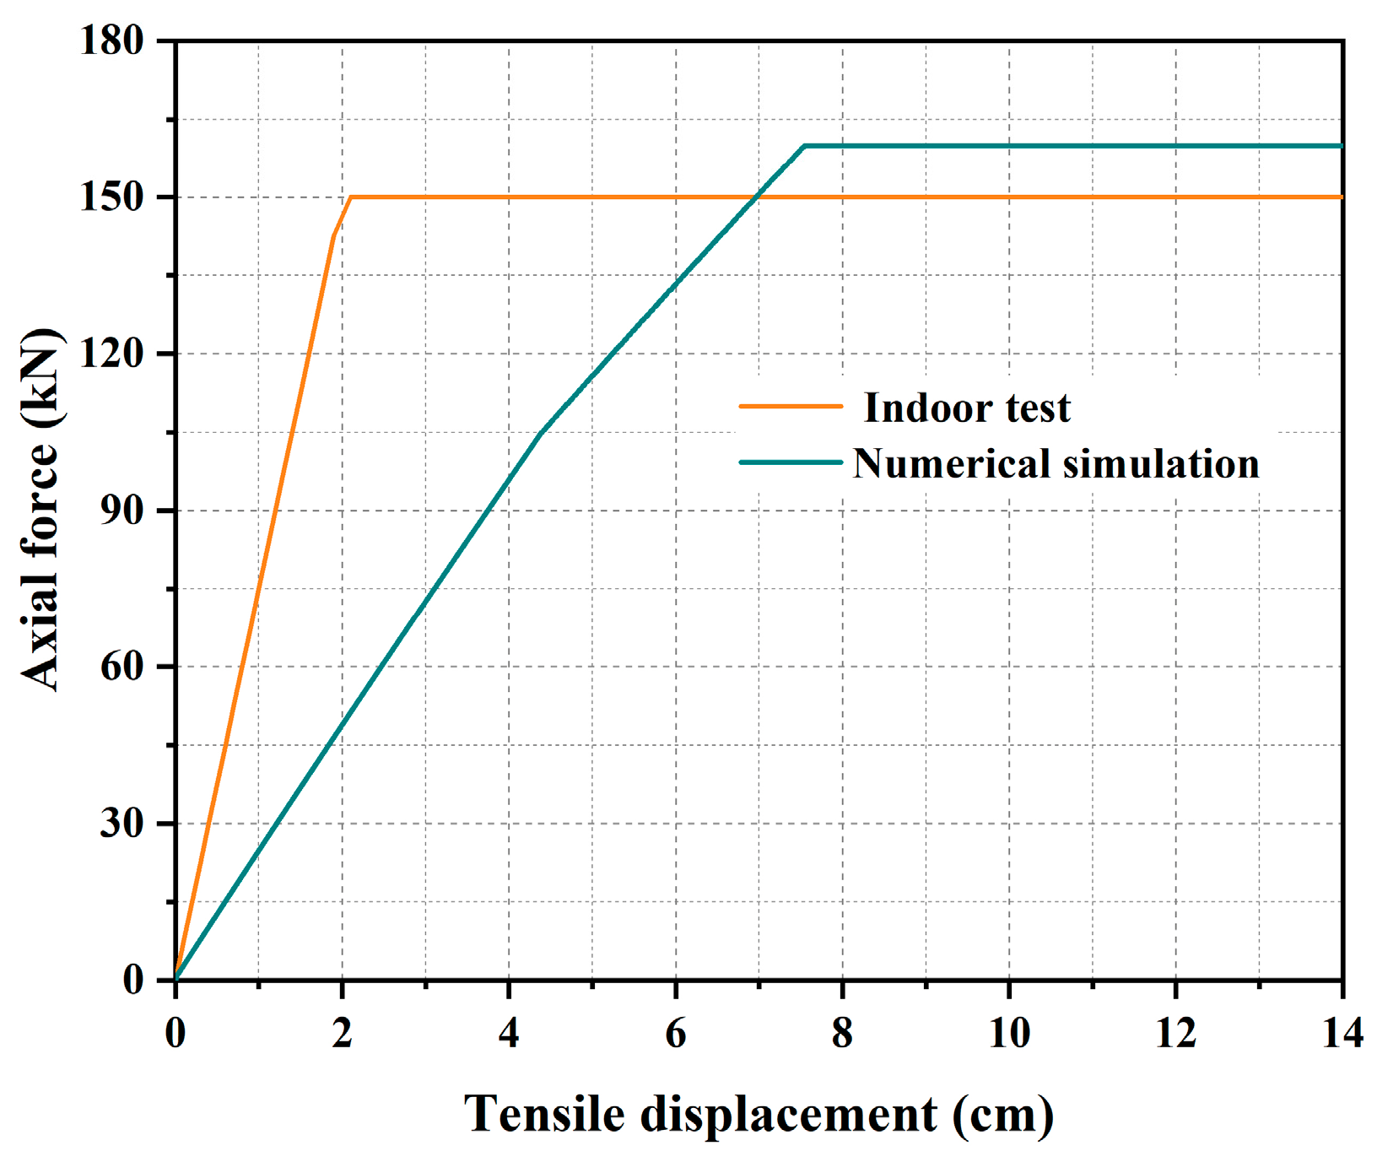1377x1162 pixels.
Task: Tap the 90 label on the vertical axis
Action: tap(123, 511)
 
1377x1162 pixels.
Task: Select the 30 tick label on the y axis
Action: tap(123, 824)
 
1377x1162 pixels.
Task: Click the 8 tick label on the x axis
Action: tap(842, 1032)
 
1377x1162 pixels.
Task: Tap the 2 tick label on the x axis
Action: tap(342, 1032)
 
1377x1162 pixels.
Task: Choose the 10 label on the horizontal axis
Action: tap(1009, 1032)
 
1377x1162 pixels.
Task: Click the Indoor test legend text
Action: tap(967, 408)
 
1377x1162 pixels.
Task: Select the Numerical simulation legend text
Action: tap(1056, 464)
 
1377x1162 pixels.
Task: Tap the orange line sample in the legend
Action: tap(791, 406)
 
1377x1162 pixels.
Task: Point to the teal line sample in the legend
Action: tap(791, 462)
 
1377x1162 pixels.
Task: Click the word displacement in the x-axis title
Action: tap(789, 1116)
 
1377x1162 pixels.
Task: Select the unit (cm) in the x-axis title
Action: tap(1003, 1116)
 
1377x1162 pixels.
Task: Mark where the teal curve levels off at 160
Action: tap(805, 146)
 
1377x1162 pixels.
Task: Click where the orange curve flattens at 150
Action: tap(351, 197)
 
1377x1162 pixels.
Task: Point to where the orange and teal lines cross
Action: tap(756, 197)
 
